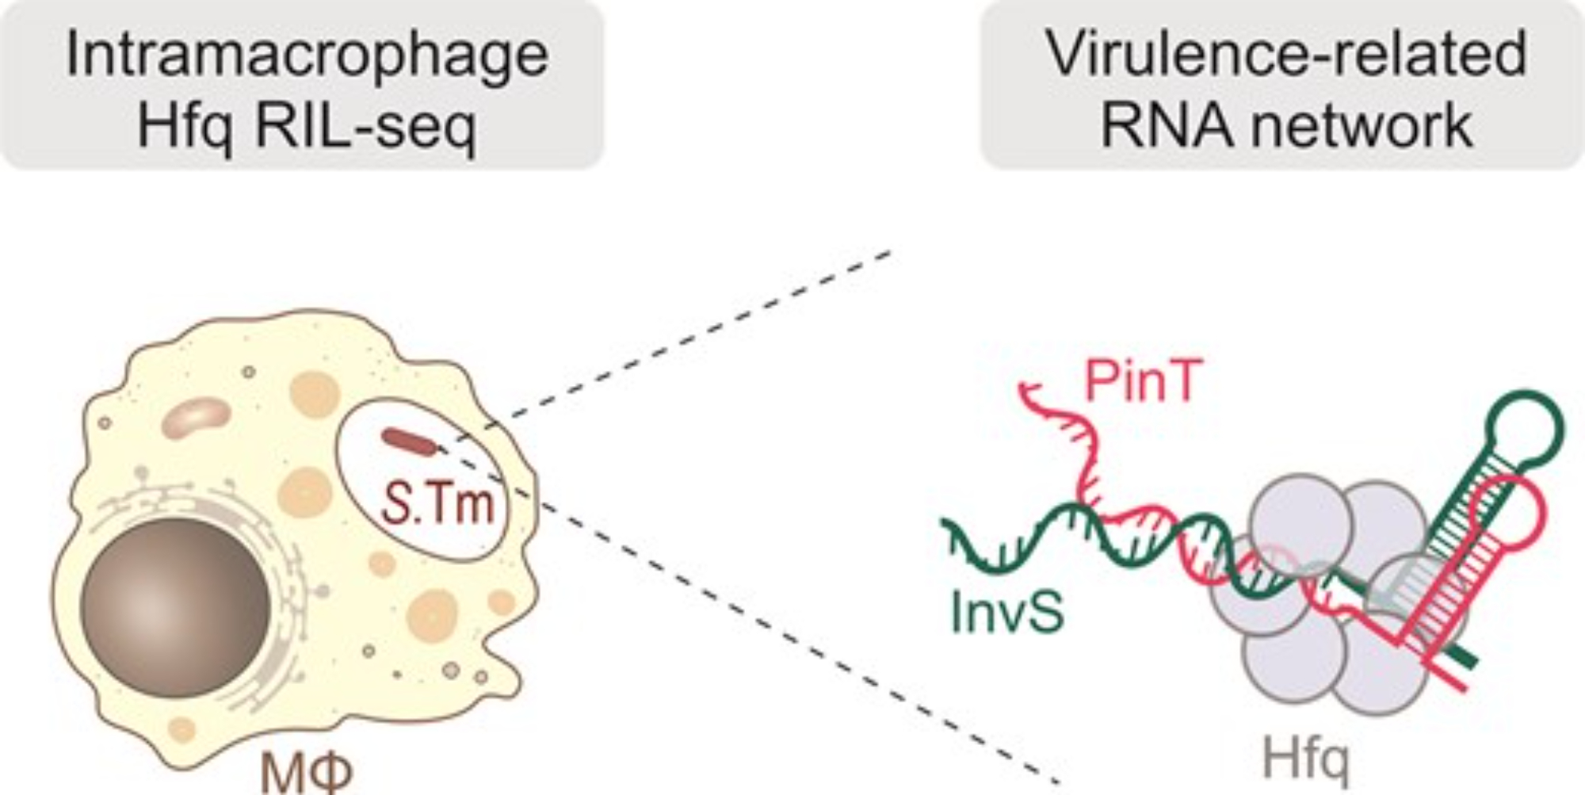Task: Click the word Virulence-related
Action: point(1286,54)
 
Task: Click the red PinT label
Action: point(1143,382)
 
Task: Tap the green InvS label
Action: point(1006,613)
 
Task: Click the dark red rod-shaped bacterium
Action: point(409,441)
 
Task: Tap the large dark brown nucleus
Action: point(176,607)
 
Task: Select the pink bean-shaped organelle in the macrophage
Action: point(196,419)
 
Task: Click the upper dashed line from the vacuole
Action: point(689,333)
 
